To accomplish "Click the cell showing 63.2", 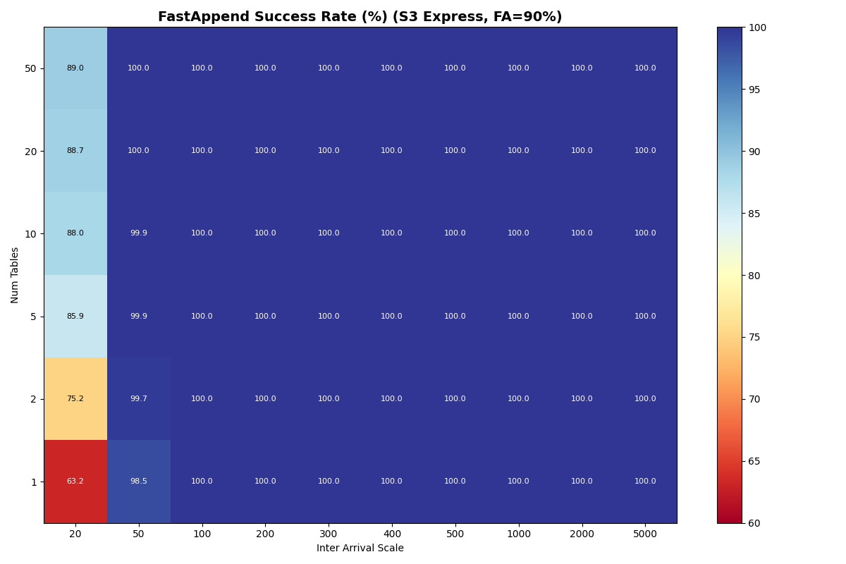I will [x=75, y=482].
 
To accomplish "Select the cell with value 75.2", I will [x=75, y=399].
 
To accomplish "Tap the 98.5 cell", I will [x=139, y=482].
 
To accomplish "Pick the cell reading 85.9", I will [x=75, y=317].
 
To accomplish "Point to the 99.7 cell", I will [x=139, y=399].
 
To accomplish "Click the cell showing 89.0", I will [x=75, y=68].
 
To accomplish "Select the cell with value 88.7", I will [x=75, y=151].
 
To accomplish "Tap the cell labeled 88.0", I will [x=75, y=233].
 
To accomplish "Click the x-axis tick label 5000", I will [x=645, y=534].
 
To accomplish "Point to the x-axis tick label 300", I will [x=329, y=534].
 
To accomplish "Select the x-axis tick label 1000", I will [x=518, y=534].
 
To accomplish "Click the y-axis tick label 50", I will [x=32, y=68].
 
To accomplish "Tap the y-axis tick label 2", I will [x=34, y=399].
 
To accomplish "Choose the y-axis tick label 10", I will [x=32, y=233].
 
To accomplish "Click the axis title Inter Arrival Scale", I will [x=360, y=548].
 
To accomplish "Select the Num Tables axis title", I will [x=15, y=275].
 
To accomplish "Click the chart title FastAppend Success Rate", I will [x=360, y=17].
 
